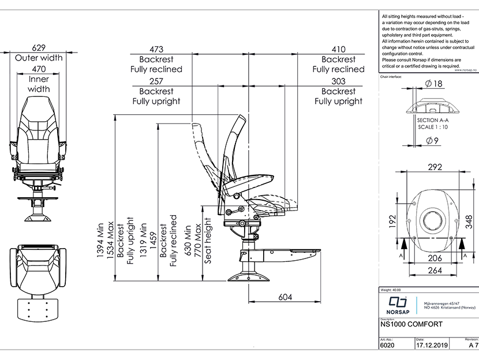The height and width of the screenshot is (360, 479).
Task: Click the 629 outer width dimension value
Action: point(39,48)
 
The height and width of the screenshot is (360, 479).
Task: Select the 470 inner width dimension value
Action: point(39,69)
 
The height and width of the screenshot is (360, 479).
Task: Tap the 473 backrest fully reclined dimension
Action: point(156,50)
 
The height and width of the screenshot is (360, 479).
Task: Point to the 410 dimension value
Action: point(339,50)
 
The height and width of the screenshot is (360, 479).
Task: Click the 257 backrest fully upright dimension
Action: point(156,81)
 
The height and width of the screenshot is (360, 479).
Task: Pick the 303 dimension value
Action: point(339,81)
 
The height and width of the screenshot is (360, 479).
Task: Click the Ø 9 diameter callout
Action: point(433,140)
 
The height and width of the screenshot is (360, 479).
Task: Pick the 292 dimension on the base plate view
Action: point(435,167)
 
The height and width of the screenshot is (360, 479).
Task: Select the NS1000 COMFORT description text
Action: point(411,324)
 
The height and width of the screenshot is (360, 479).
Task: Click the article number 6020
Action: point(387,346)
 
